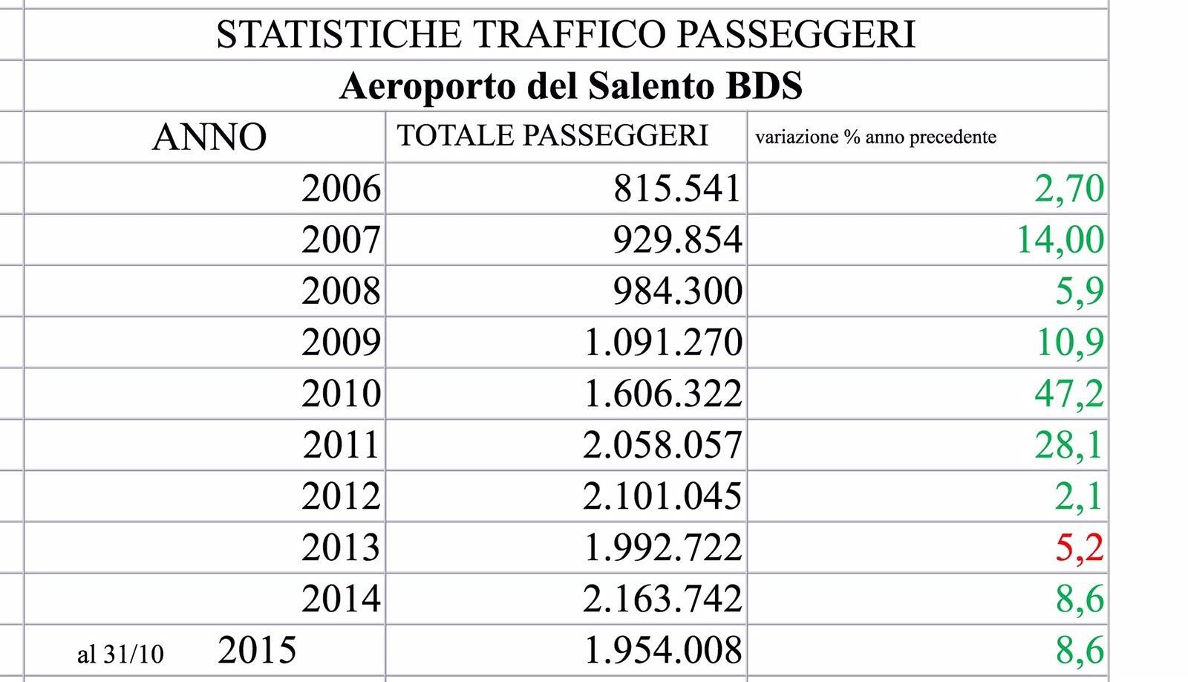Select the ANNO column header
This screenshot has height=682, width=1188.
click(x=209, y=137)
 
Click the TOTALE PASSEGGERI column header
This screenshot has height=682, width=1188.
click(x=552, y=136)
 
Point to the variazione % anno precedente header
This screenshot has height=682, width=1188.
click(x=875, y=137)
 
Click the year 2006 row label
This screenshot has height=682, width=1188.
click(x=341, y=189)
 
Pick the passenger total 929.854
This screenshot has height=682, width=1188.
click(x=677, y=240)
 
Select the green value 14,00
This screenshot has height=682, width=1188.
click(x=1060, y=240)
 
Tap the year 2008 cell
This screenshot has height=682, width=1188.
click(x=341, y=291)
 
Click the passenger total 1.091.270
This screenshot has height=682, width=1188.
click(x=663, y=342)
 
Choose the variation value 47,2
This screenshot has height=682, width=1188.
click(x=1068, y=394)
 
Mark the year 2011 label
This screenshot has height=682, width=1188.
click(x=341, y=445)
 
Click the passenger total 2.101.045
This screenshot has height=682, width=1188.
click(x=662, y=496)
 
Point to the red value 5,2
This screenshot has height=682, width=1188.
click(x=1079, y=548)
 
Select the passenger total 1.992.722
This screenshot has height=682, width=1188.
click(x=663, y=548)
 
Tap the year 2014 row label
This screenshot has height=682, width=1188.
click(x=341, y=599)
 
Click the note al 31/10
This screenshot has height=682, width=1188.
click(x=120, y=654)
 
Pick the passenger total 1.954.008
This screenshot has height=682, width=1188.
click(x=663, y=650)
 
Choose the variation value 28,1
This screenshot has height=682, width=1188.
click(x=1068, y=445)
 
